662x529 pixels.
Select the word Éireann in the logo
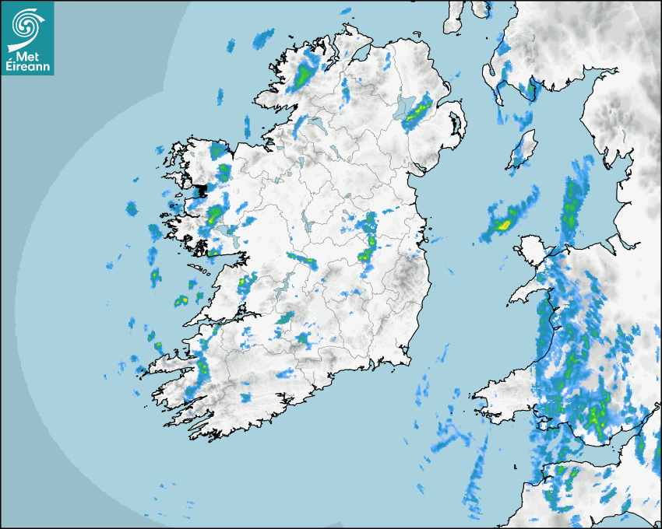click(x=27, y=68)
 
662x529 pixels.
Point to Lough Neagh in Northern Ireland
click(x=405, y=109)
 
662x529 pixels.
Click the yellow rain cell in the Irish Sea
click(x=503, y=226)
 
